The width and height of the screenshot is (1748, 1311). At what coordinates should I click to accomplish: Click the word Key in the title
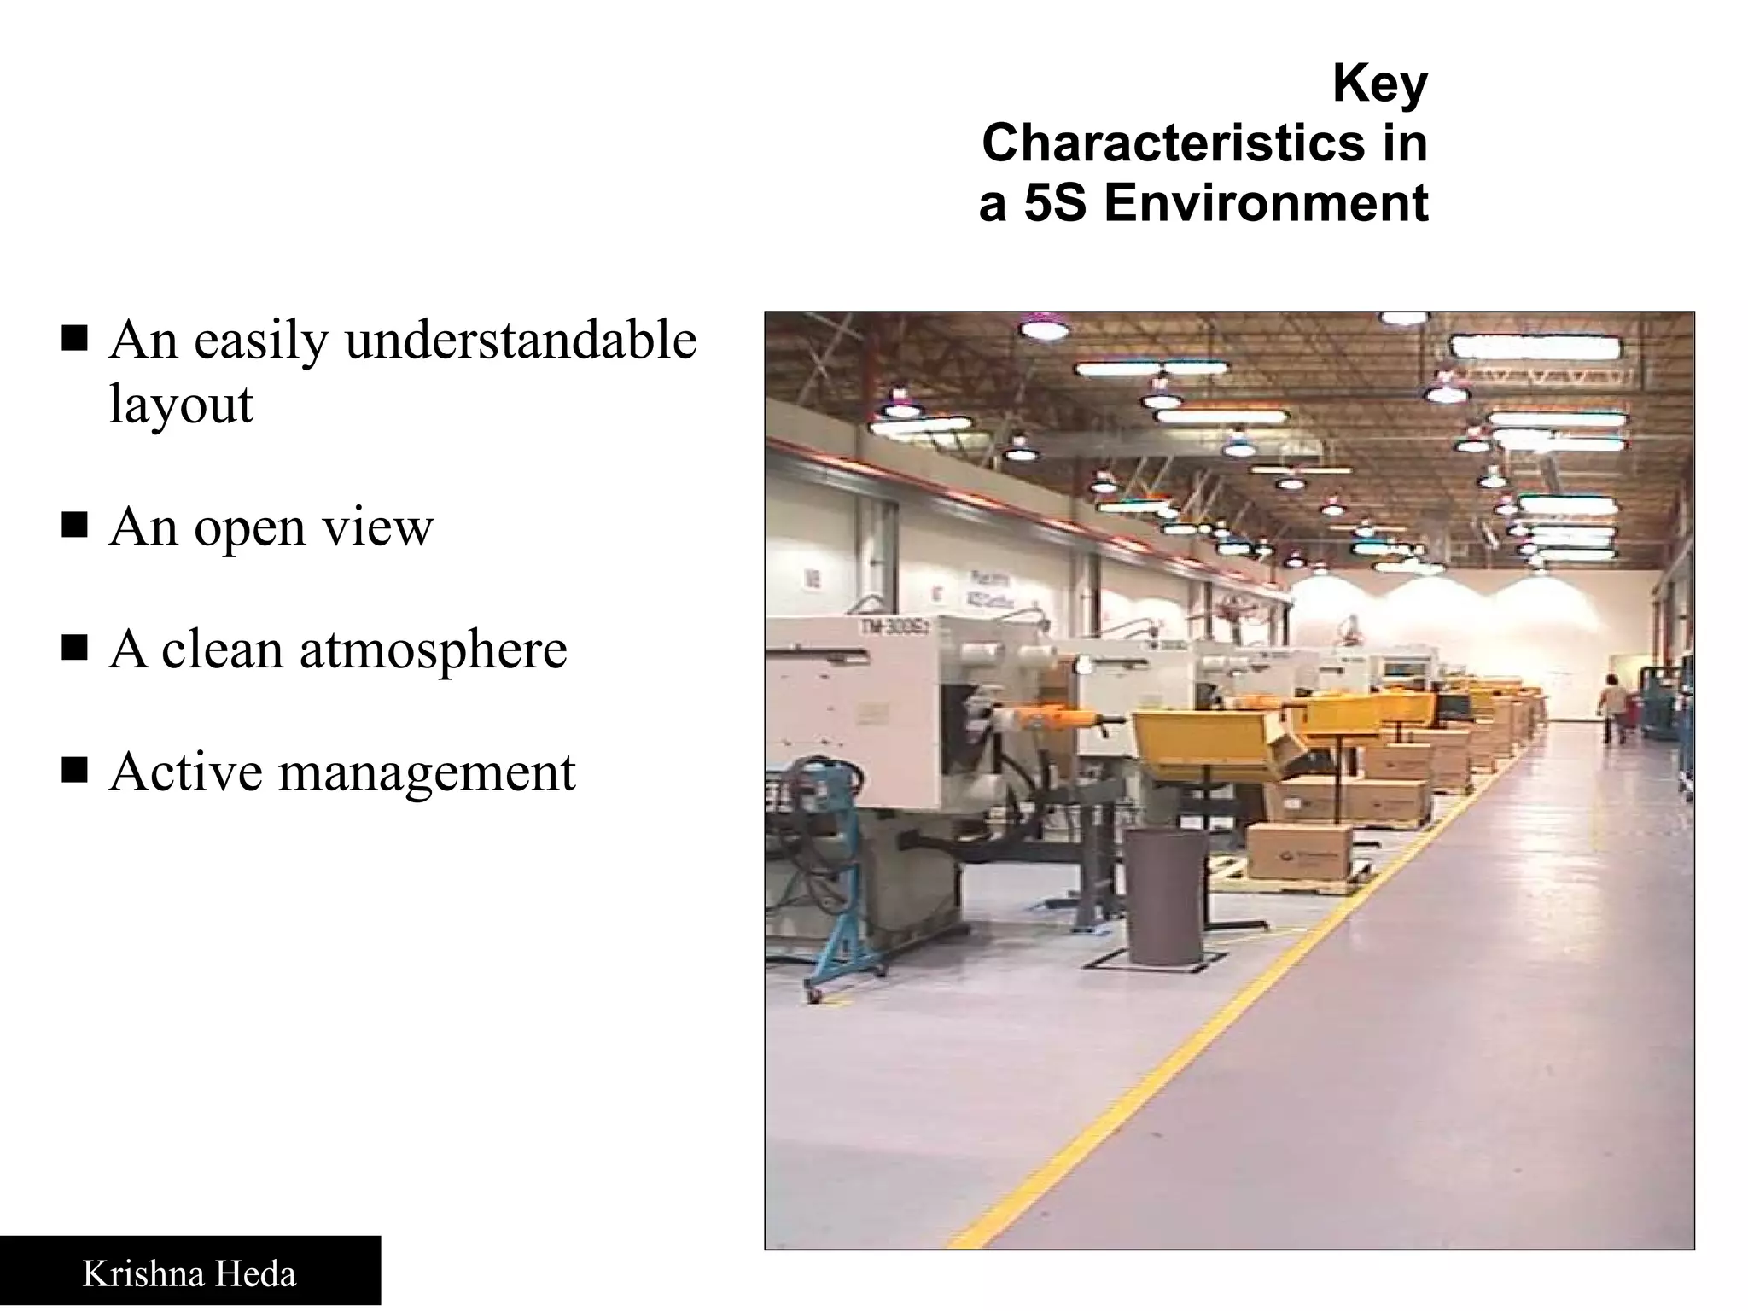[1379, 84]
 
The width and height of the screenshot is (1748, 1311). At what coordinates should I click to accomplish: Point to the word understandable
[521, 340]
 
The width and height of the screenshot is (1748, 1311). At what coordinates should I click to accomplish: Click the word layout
[181, 404]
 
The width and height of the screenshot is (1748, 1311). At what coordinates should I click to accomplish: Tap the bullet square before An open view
[75, 526]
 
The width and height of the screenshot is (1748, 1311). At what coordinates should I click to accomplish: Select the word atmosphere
[433, 650]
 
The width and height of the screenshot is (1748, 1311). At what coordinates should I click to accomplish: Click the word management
[427, 772]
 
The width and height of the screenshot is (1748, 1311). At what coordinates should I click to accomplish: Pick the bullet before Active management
[75, 771]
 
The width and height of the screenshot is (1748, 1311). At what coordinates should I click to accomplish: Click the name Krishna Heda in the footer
[189, 1274]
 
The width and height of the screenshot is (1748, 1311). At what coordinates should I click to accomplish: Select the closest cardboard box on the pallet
[1299, 850]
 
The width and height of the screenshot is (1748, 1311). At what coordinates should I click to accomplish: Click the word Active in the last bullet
[186, 772]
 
